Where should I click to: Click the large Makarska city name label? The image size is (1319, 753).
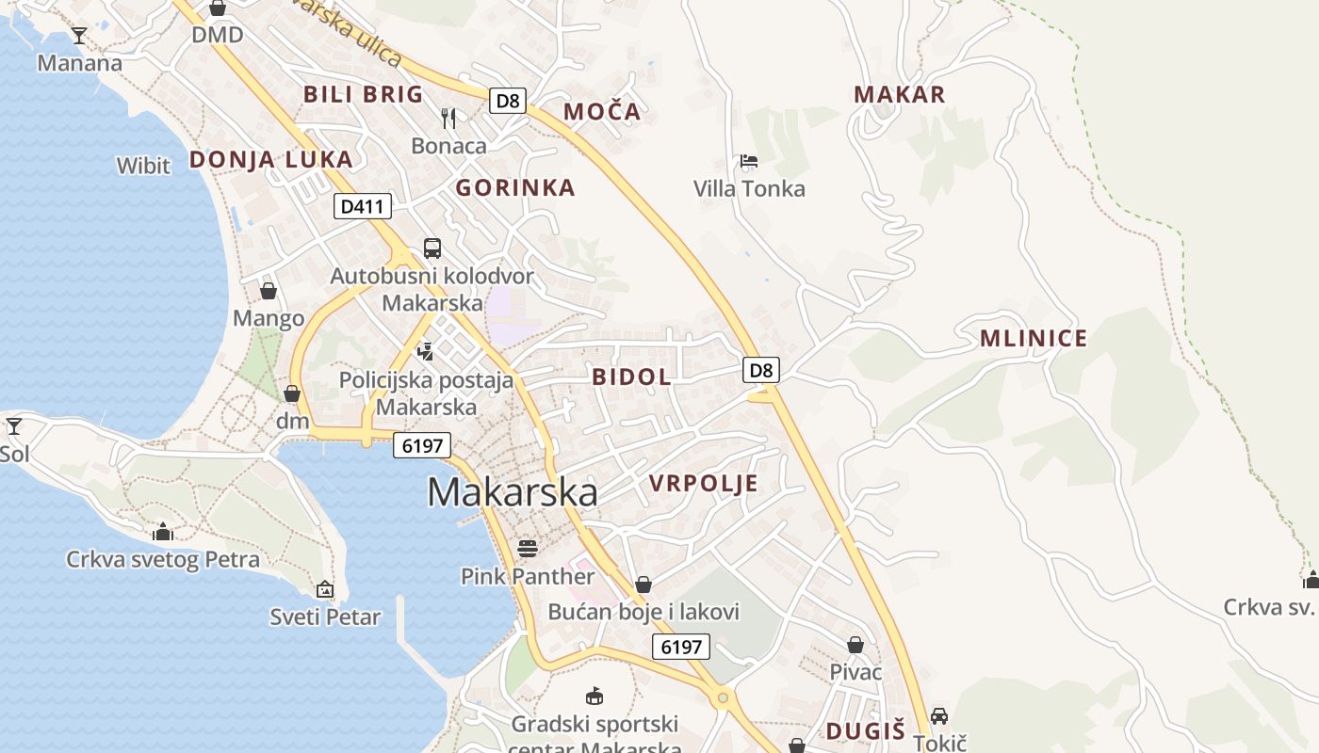(512, 492)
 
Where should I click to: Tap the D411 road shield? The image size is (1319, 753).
(362, 206)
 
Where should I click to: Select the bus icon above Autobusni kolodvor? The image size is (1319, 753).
(432, 248)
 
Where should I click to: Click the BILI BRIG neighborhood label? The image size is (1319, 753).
(364, 94)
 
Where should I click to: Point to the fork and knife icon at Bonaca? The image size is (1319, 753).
(448, 119)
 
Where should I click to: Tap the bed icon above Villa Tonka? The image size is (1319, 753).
(749, 161)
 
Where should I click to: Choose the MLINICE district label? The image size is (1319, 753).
(1034, 338)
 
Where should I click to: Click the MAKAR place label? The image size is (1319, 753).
(899, 94)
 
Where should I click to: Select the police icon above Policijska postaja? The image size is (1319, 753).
(426, 352)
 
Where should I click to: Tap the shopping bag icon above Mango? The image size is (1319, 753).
(269, 291)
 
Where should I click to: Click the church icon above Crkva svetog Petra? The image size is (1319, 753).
(163, 532)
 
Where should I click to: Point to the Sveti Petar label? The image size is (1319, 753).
(325, 617)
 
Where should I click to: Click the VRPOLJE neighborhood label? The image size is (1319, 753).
(703, 484)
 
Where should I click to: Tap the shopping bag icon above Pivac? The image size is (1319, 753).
(855, 645)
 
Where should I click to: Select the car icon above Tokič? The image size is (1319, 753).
(938, 716)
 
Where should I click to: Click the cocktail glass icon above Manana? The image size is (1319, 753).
(79, 36)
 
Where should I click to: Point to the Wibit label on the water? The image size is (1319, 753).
(143, 166)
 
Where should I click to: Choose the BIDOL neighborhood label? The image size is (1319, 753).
(631, 377)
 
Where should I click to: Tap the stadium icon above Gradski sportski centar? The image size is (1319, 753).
(594, 697)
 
